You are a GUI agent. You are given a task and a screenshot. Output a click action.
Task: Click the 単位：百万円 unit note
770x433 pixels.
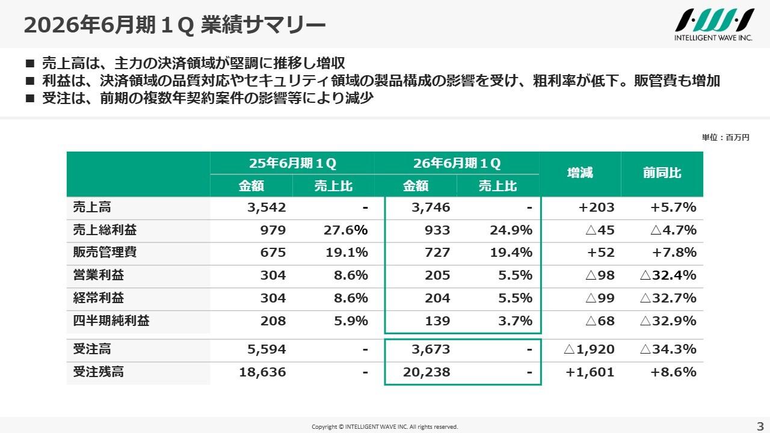[x=725, y=138]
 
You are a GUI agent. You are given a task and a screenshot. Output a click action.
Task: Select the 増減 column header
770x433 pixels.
[x=579, y=173]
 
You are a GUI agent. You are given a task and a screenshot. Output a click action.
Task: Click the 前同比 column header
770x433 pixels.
[x=662, y=173]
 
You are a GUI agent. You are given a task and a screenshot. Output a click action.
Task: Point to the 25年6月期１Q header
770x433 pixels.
[x=292, y=163]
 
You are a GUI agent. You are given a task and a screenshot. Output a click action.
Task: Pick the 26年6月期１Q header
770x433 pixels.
[x=457, y=163]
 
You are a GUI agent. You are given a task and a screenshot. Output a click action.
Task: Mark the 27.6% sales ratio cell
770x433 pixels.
[x=346, y=230]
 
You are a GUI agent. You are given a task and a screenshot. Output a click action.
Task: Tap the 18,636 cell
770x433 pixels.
[x=262, y=372]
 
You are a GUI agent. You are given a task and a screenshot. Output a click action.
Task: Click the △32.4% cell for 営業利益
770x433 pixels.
[x=668, y=275]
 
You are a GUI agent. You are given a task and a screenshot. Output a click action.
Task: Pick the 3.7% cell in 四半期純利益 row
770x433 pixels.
[x=515, y=321]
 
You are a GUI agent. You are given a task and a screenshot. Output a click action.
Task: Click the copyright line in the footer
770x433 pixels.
[x=384, y=426]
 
